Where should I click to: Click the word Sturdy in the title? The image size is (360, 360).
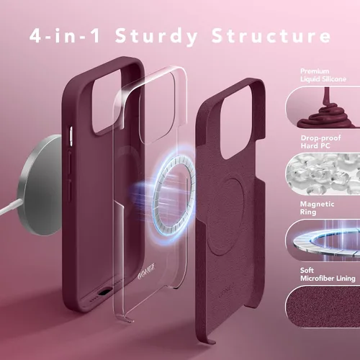(x=156, y=37)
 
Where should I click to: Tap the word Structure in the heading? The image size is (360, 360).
(x=271, y=36)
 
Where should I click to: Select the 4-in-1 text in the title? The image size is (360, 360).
(x=65, y=36)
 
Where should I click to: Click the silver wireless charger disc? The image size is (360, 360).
(x=40, y=185)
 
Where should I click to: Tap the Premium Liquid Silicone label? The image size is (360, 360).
(x=323, y=75)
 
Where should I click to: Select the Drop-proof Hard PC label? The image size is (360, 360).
(x=320, y=142)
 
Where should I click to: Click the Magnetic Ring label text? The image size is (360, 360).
(x=317, y=208)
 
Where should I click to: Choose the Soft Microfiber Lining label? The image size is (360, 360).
(x=328, y=274)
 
